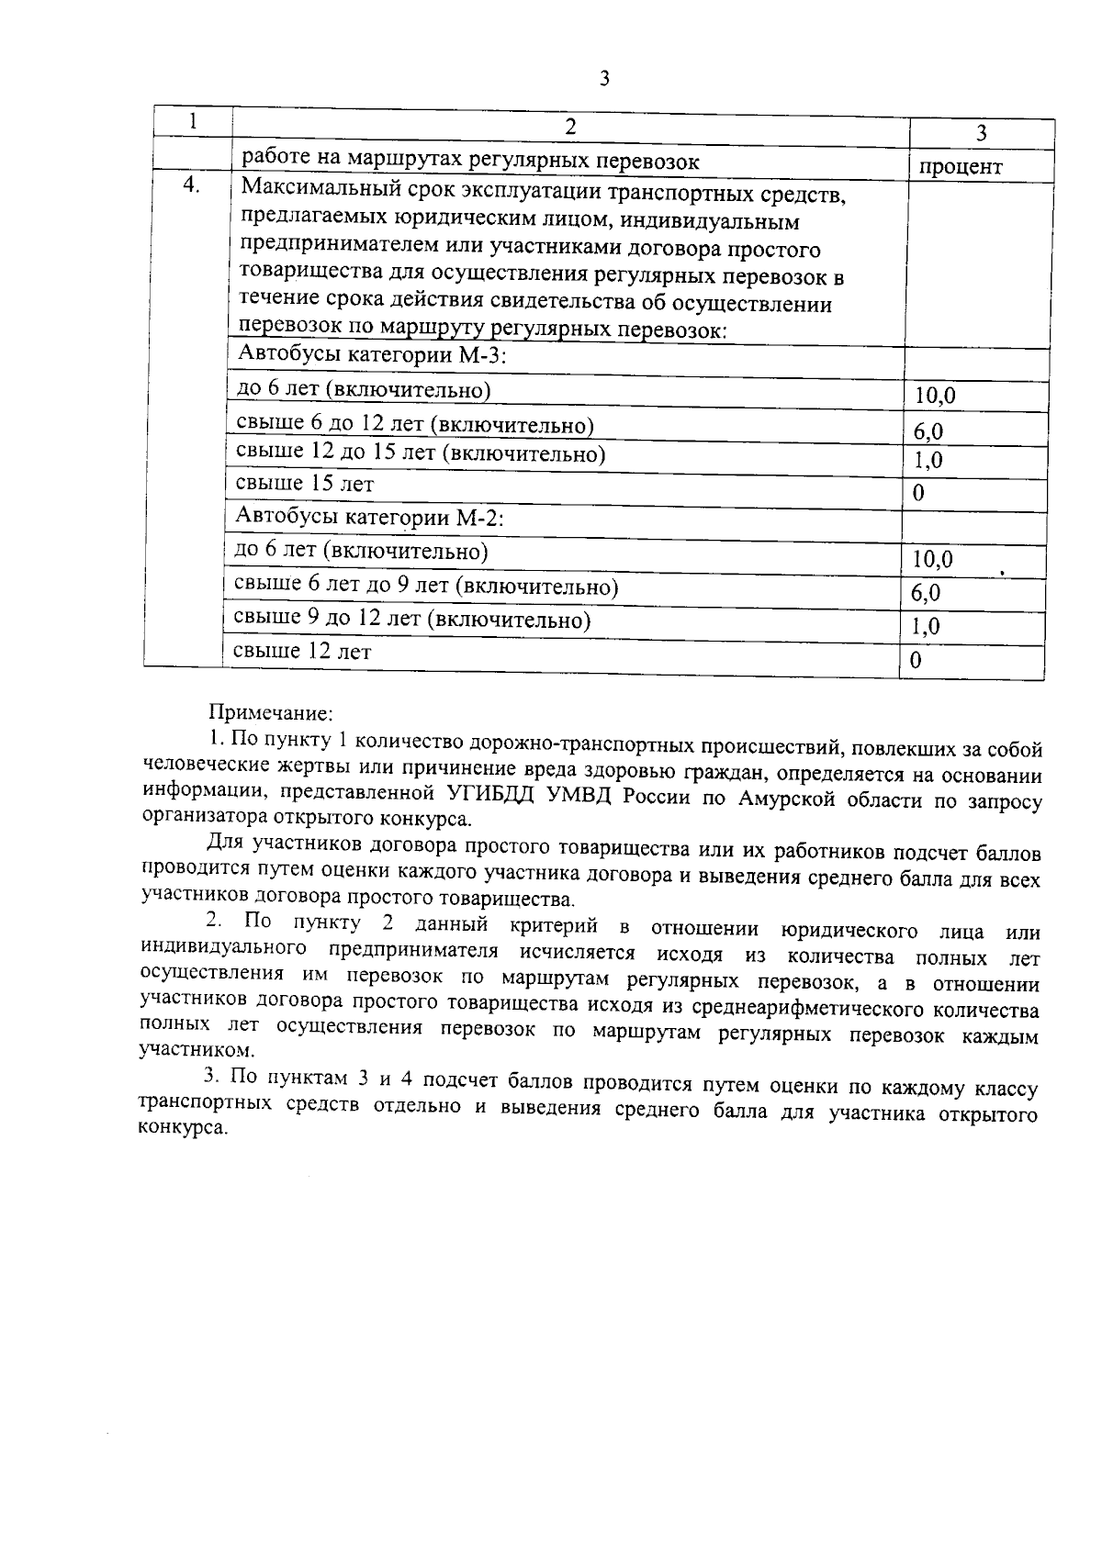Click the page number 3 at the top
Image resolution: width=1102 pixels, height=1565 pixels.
point(603,79)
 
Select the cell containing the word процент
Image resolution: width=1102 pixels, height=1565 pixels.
point(961,167)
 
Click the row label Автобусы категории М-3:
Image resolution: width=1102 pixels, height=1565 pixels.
point(372,355)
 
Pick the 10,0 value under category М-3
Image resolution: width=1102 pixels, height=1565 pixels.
point(935,396)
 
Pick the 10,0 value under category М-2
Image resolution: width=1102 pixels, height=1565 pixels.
point(932,559)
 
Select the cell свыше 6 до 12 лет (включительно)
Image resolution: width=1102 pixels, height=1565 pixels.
point(415,425)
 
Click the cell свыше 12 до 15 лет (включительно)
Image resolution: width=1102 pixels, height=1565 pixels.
point(421,453)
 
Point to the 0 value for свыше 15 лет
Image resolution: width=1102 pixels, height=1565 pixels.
point(917,494)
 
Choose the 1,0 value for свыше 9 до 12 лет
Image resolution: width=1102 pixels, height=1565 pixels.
point(925,627)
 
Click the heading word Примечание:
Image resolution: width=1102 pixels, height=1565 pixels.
point(271,713)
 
